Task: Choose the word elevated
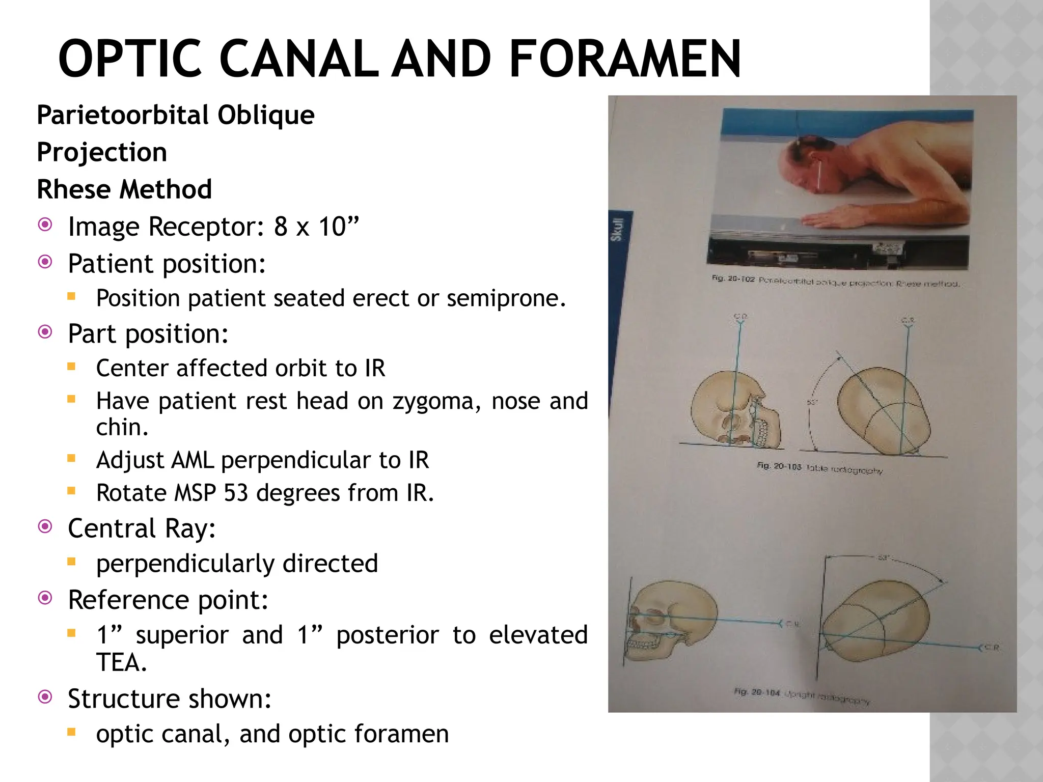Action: [538, 635]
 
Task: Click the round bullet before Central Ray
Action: [45, 526]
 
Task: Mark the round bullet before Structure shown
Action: [45, 696]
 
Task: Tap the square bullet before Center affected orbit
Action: [71, 367]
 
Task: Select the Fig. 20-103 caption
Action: [819, 468]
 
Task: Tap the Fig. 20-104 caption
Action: [802, 696]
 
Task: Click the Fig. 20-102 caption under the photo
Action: [835, 282]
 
